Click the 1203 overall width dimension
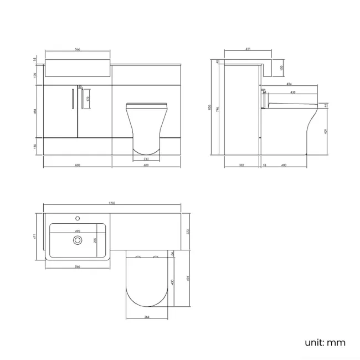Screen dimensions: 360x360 tap(111, 204)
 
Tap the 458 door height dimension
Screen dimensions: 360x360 tap(35, 110)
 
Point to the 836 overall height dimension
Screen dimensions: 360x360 tap(210, 108)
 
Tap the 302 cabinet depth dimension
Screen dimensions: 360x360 tap(242, 165)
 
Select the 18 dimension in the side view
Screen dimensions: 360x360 tap(264, 165)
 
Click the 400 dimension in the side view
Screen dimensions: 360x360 tap(284, 165)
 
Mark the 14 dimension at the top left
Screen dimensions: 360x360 tap(35, 59)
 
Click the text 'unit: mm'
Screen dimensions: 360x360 tap(325, 342)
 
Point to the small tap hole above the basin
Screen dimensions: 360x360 tap(78, 218)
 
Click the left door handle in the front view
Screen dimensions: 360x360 tap(73, 98)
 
